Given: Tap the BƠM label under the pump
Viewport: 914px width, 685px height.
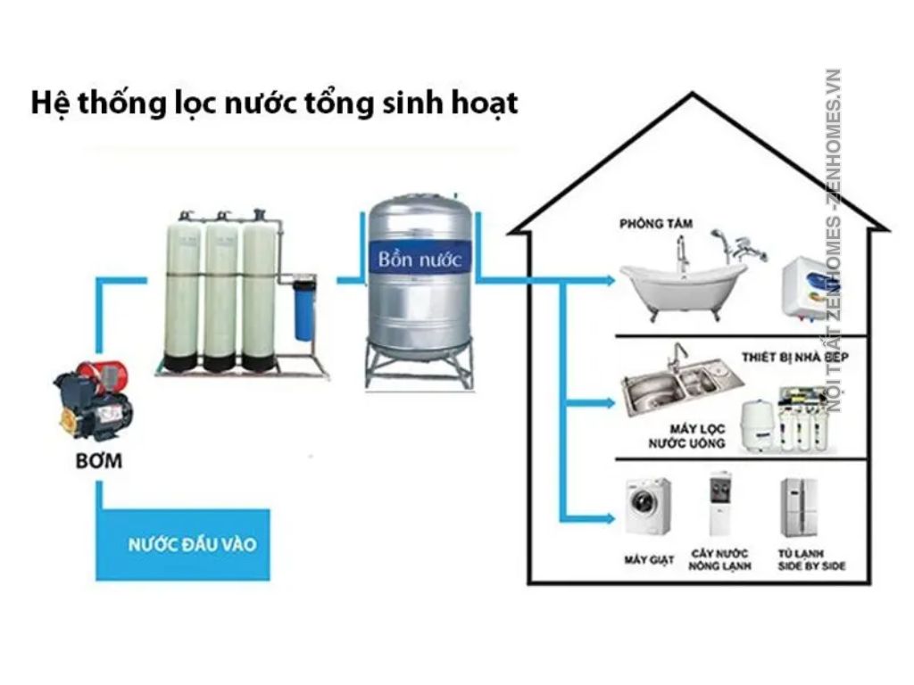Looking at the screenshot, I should click(x=99, y=463).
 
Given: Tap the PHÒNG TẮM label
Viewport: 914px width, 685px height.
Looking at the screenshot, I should click(x=656, y=223).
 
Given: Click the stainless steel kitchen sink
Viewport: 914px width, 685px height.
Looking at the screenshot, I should click(x=683, y=384).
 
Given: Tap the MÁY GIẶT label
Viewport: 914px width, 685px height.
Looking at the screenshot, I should click(x=648, y=560).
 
